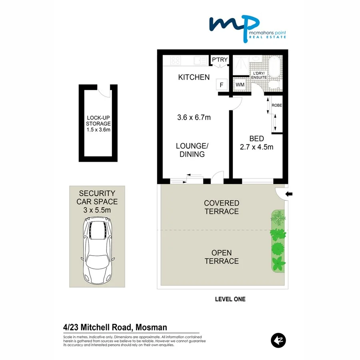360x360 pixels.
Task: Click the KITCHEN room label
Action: pos(194,77)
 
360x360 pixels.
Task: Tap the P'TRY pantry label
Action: pos(220,60)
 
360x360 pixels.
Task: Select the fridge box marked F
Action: pos(222,85)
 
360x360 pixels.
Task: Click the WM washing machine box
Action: pos(240,85)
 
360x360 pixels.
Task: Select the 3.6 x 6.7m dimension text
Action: pos(194,118)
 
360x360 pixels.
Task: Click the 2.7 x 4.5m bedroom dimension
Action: pos(256,147)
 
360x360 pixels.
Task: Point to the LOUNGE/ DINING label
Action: pos(190,150)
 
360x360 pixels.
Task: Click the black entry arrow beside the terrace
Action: pos(289,194)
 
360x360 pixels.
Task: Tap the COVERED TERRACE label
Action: pos(221,207)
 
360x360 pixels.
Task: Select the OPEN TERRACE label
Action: pos(221,257)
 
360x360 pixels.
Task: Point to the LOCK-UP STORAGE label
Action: pos(98,124)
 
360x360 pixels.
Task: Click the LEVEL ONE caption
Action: pos(230,299)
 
